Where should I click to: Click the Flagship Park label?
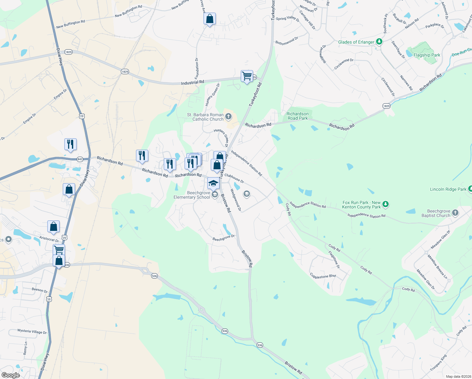coord(427,55)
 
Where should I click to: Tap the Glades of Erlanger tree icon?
coord(379,42)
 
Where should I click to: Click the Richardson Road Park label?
coord(297,116)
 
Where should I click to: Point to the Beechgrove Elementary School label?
coord(192,195)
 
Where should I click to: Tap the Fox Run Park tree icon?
coord(385,204)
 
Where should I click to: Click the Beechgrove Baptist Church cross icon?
coord(455,213)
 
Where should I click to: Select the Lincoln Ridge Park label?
coord(448,189)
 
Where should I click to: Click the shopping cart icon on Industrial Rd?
coord(247,76)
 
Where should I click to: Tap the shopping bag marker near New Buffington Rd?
coord(209,19)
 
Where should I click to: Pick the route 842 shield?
coord(80,159)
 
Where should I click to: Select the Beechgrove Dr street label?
coord(223,238)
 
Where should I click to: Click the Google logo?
coord(10,375)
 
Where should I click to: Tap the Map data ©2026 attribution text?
coord(457,376)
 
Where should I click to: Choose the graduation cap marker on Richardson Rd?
coord(213,183)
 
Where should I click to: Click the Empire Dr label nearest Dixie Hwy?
coord(60,94)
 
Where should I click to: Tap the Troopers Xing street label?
coord(438,363)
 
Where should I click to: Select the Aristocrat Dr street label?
coord(49,239)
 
